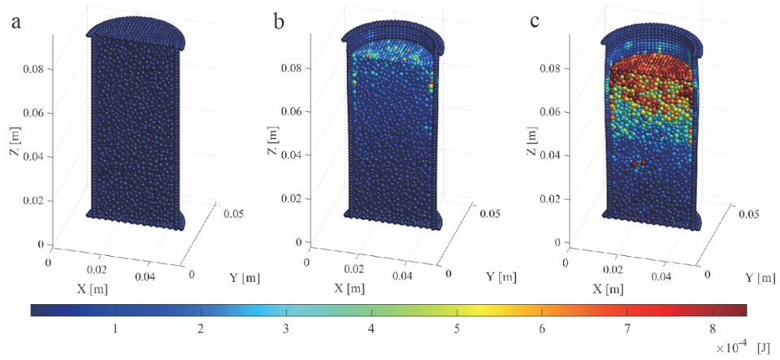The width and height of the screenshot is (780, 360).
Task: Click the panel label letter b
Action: pos(279,22)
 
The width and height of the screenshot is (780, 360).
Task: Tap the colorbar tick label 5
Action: pos(457,328)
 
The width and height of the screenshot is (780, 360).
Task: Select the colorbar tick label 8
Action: pos(713,328)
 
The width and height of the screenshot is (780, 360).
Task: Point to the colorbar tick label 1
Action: pos(116,328)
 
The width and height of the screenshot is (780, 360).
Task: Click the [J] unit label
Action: pos(763,347)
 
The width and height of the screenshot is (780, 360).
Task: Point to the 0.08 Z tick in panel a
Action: pos(37,69)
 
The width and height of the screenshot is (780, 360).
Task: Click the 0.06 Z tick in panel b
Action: pos(293,111)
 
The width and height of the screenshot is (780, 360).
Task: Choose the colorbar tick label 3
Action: pos(287,328)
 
